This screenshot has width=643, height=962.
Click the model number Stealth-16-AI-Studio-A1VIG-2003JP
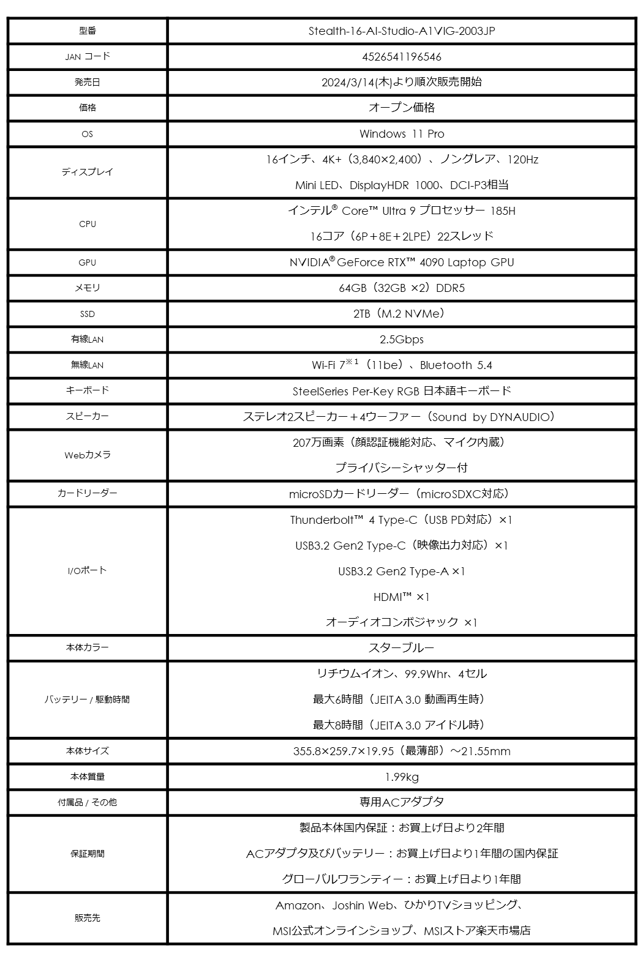tap(401, 31)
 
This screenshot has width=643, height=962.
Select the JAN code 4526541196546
tap(401, 57)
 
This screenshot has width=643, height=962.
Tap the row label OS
tap(88, 134)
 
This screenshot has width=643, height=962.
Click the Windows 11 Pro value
tap(401, 134)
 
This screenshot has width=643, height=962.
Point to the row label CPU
tap(88, 224)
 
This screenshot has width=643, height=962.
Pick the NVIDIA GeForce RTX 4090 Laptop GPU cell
tap(401, 263)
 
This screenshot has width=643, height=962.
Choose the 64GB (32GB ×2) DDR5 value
tap(401, 288)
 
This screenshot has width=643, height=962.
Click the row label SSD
tap(88, 314)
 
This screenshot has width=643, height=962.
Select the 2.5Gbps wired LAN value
tap(401, 340)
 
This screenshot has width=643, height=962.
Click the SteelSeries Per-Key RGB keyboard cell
tap(401, 391)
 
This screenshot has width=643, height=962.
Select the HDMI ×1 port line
tap(401, 597)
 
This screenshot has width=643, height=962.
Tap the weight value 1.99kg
tap(401, 777)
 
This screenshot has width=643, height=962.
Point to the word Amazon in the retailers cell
tap(298, 906)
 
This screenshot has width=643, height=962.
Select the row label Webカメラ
tap(88, 455)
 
